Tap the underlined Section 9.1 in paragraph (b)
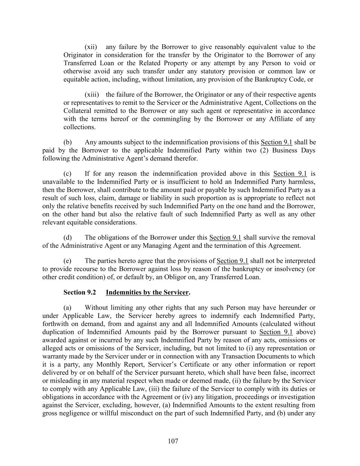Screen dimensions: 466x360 (276, 142)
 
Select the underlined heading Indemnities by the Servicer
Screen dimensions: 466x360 (147, 293)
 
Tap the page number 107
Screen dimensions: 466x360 (173, 441)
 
